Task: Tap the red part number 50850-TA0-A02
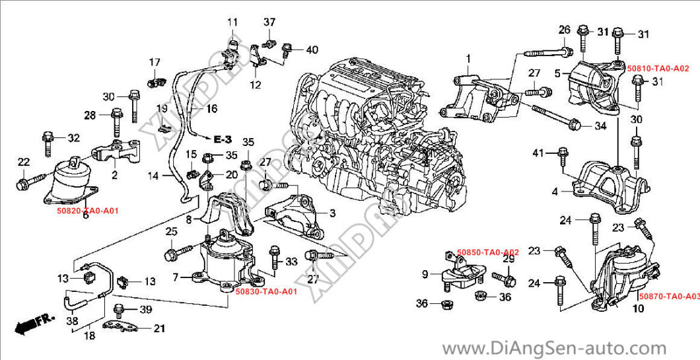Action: (488, 252)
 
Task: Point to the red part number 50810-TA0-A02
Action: (658, 68)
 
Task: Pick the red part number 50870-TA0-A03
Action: (668, 297)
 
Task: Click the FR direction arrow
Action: (34, 324)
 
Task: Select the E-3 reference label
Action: (223, 139)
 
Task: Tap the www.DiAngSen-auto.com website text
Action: (554, 347)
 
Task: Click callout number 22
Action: (23, 162)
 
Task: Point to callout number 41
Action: (538, 153)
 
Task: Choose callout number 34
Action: (600, 126)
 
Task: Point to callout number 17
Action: (154, 63)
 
